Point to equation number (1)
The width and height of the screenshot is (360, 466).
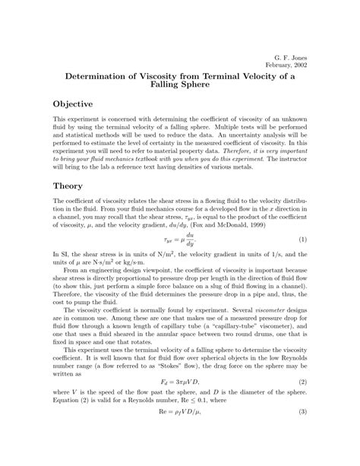tap(301, 240)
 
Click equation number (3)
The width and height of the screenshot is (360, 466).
tap(301, 433)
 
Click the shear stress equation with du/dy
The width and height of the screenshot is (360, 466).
tap(178, 240)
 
